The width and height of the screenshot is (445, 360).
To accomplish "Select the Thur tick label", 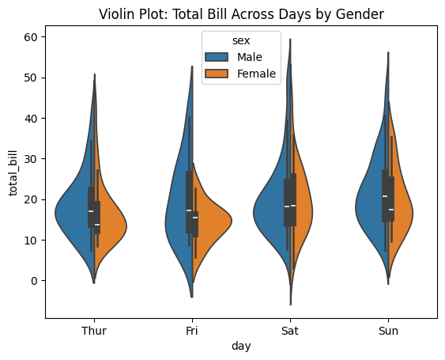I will pyautogui.click(x=94, y=331).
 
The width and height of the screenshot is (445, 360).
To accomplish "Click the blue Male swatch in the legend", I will pyautogui.click(x=217, y=57).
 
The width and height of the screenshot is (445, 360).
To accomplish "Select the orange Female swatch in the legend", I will pyautogui.click(x=217, y=74).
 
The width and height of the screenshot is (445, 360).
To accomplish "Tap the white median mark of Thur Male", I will pyautogui.click(x=91, y=211).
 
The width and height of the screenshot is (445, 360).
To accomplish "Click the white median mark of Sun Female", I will pyautogui.click(x=390, y=210).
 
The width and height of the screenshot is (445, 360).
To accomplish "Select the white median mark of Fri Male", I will pyautogui.click(x=189, y=210).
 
